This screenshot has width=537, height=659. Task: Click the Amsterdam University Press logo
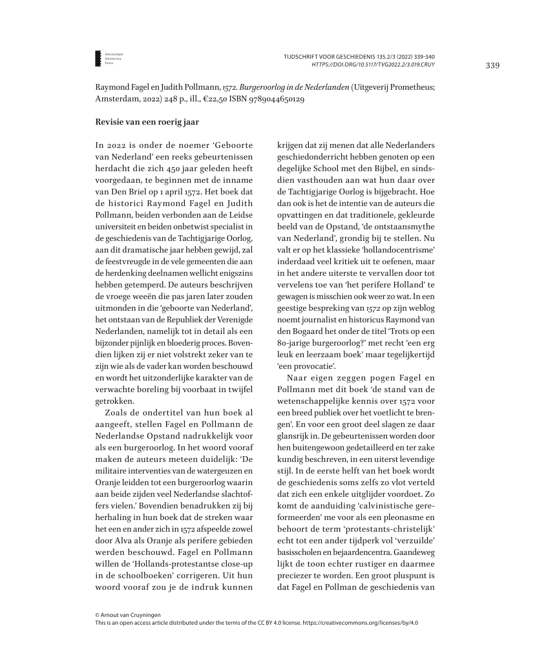[x=98, y=58]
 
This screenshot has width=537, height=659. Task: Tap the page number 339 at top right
[x=492, y=65]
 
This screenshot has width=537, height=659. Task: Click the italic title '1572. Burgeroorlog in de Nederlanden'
[x=293, y=87]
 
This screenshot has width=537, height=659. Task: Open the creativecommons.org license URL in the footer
[x=366, y=623]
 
